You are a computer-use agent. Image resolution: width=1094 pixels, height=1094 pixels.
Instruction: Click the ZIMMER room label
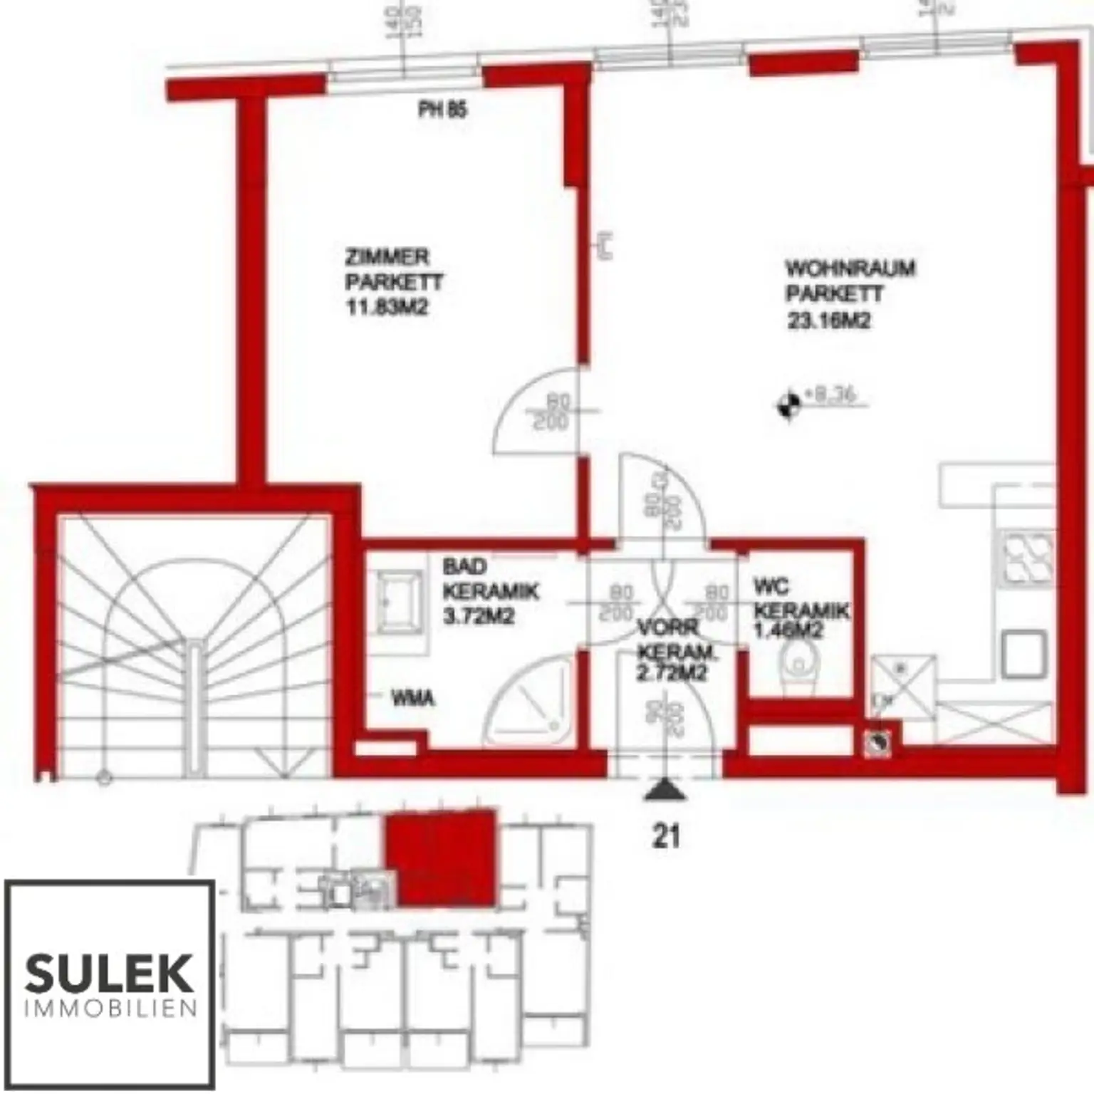(387, 256)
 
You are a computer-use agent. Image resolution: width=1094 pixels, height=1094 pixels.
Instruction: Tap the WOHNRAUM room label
(850, 269)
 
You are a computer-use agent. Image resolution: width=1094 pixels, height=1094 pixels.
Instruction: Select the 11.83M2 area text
(387, 308)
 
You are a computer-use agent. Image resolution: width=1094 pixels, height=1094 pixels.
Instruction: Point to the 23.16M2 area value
(828, 321)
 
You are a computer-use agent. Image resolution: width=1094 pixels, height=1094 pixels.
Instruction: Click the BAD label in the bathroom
(464, 567)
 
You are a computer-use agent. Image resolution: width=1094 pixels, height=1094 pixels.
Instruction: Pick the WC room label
(771, 587)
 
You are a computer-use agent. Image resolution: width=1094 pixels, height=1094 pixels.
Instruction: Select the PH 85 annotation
(442, 110)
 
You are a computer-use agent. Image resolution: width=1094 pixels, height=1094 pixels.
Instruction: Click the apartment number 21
(666, 836)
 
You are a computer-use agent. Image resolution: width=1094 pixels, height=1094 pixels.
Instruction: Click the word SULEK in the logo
(109, 974)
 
